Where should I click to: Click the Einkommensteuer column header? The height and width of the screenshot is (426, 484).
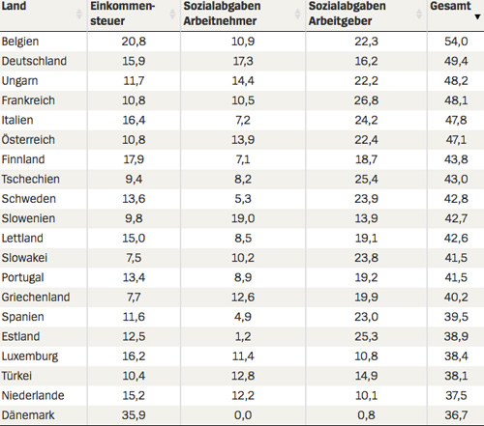coord(123,14)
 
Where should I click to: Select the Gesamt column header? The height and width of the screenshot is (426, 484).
coord(450,6)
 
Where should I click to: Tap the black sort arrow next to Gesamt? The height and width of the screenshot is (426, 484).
coord(477,16)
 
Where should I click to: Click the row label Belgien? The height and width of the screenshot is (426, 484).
coord(20,42)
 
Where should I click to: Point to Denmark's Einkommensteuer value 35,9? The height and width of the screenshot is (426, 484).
coord(134,415)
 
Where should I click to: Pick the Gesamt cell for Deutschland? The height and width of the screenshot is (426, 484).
coord(456,61)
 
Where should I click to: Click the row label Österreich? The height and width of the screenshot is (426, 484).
coord(28,139)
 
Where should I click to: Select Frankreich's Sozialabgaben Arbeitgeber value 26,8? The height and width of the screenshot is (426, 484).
coord(366,100)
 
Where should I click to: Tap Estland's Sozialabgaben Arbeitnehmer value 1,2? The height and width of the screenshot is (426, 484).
coord(243,336)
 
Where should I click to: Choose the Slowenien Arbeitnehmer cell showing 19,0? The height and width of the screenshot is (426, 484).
coord(243,218)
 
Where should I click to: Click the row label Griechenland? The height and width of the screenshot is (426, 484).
coord(36,298)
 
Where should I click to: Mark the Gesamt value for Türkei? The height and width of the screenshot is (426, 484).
coord(456,376)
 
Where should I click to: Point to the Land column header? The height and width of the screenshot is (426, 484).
coord(14,6)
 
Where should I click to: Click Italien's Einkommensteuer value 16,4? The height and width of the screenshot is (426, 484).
coord(134,120)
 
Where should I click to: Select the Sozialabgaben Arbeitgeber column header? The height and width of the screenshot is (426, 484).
coord(347,14)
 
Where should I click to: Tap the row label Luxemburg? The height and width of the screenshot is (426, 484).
coord(30,356)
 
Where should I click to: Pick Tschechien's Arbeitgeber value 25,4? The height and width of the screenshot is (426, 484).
coord(366,179)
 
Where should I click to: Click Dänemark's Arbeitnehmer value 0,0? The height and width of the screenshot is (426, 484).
coord(243,415)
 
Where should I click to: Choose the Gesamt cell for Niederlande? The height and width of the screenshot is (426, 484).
coord(456,395)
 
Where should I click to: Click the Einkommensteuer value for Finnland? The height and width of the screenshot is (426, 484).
coord(134,159)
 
